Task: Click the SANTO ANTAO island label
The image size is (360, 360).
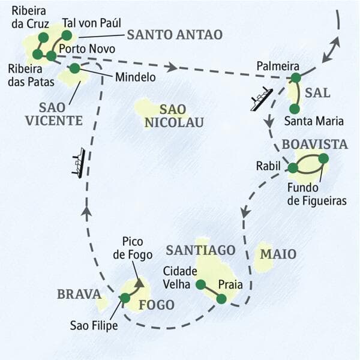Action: point(175,35)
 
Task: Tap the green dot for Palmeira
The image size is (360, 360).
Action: point(295,77)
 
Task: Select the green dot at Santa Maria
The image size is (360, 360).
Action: point(295,109)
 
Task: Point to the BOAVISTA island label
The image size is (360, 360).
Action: point(315,145)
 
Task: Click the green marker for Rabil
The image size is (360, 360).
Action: point(293,168)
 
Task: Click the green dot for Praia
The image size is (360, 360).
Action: point(221,298)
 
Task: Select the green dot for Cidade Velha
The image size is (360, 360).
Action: point(200,284)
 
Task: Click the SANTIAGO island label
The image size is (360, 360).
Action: point(201,249)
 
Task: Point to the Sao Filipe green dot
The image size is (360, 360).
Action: point(125,298)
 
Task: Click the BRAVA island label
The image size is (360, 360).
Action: point(78,294)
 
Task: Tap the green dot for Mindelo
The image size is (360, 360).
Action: point(74,69)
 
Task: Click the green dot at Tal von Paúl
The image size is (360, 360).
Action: point(67,35)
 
